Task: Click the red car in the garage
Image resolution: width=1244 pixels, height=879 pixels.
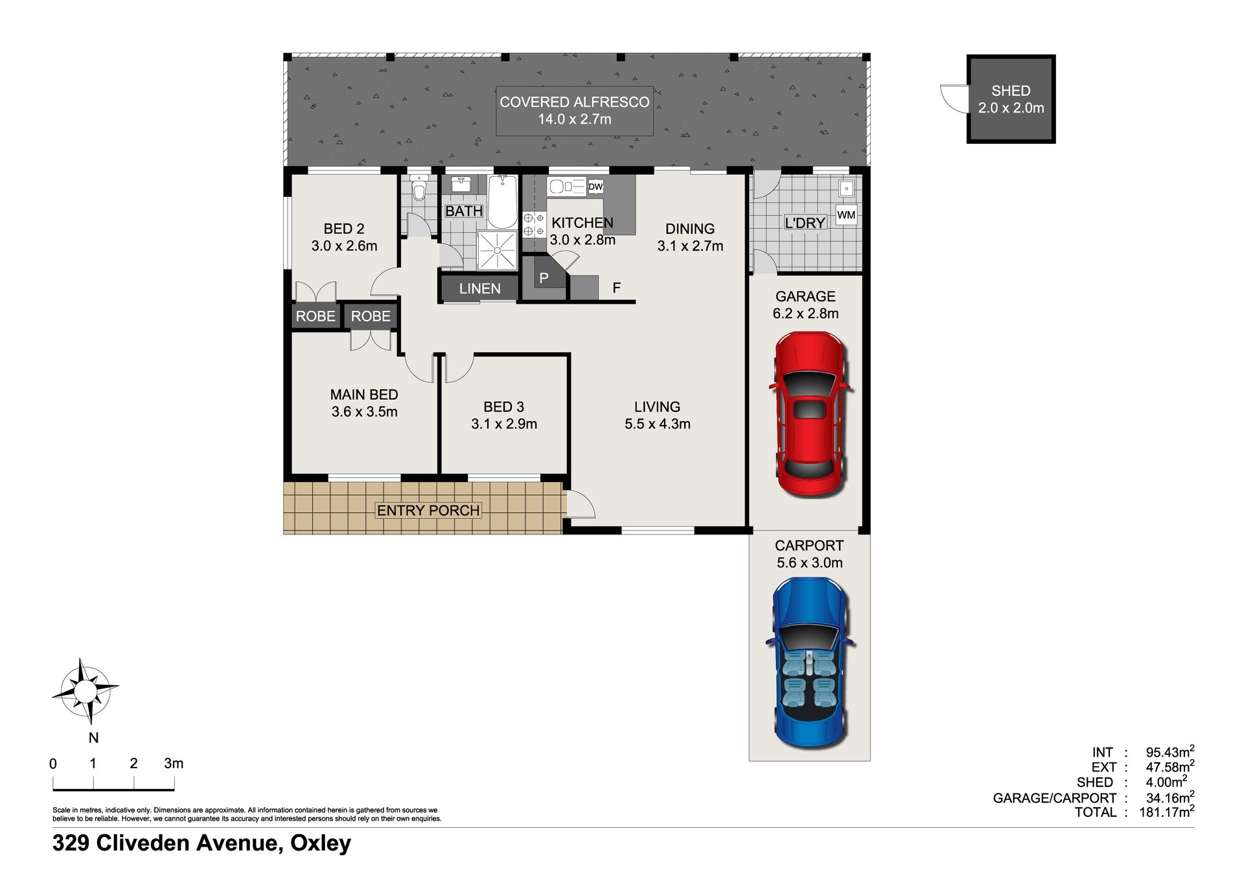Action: point(811,415)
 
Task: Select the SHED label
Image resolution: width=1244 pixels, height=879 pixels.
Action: point(1011,91)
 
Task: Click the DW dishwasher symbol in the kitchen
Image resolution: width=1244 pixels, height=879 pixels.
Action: point(595,187)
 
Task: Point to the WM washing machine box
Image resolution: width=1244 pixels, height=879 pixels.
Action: point(846,215)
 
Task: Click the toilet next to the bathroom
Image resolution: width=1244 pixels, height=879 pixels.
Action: point(419,187)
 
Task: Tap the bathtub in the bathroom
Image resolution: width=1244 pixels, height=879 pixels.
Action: point(503,201)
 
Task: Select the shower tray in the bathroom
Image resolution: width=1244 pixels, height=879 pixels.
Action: point(497,250)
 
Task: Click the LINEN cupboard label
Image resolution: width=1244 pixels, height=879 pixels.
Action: point(479,289)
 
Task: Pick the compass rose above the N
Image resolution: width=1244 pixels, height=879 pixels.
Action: point(84,691)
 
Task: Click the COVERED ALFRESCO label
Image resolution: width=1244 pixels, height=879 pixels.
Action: point(575,102)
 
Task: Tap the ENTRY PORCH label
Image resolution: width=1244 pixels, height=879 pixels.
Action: point(428,510)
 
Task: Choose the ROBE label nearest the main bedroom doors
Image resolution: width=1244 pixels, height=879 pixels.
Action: point(371,316)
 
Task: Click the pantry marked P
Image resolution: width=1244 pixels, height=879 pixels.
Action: point(544,279)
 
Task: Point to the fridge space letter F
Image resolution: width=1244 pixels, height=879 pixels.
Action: point(617,288)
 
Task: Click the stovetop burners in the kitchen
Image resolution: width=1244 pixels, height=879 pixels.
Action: point(534,224)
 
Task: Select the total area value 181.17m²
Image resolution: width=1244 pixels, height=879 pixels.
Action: point(1167,812)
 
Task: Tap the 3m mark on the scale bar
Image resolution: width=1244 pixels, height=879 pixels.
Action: point(174,764)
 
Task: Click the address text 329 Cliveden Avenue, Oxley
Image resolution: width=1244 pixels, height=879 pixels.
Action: point(202,843)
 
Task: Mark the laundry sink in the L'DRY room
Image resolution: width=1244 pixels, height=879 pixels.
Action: point(846,189)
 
